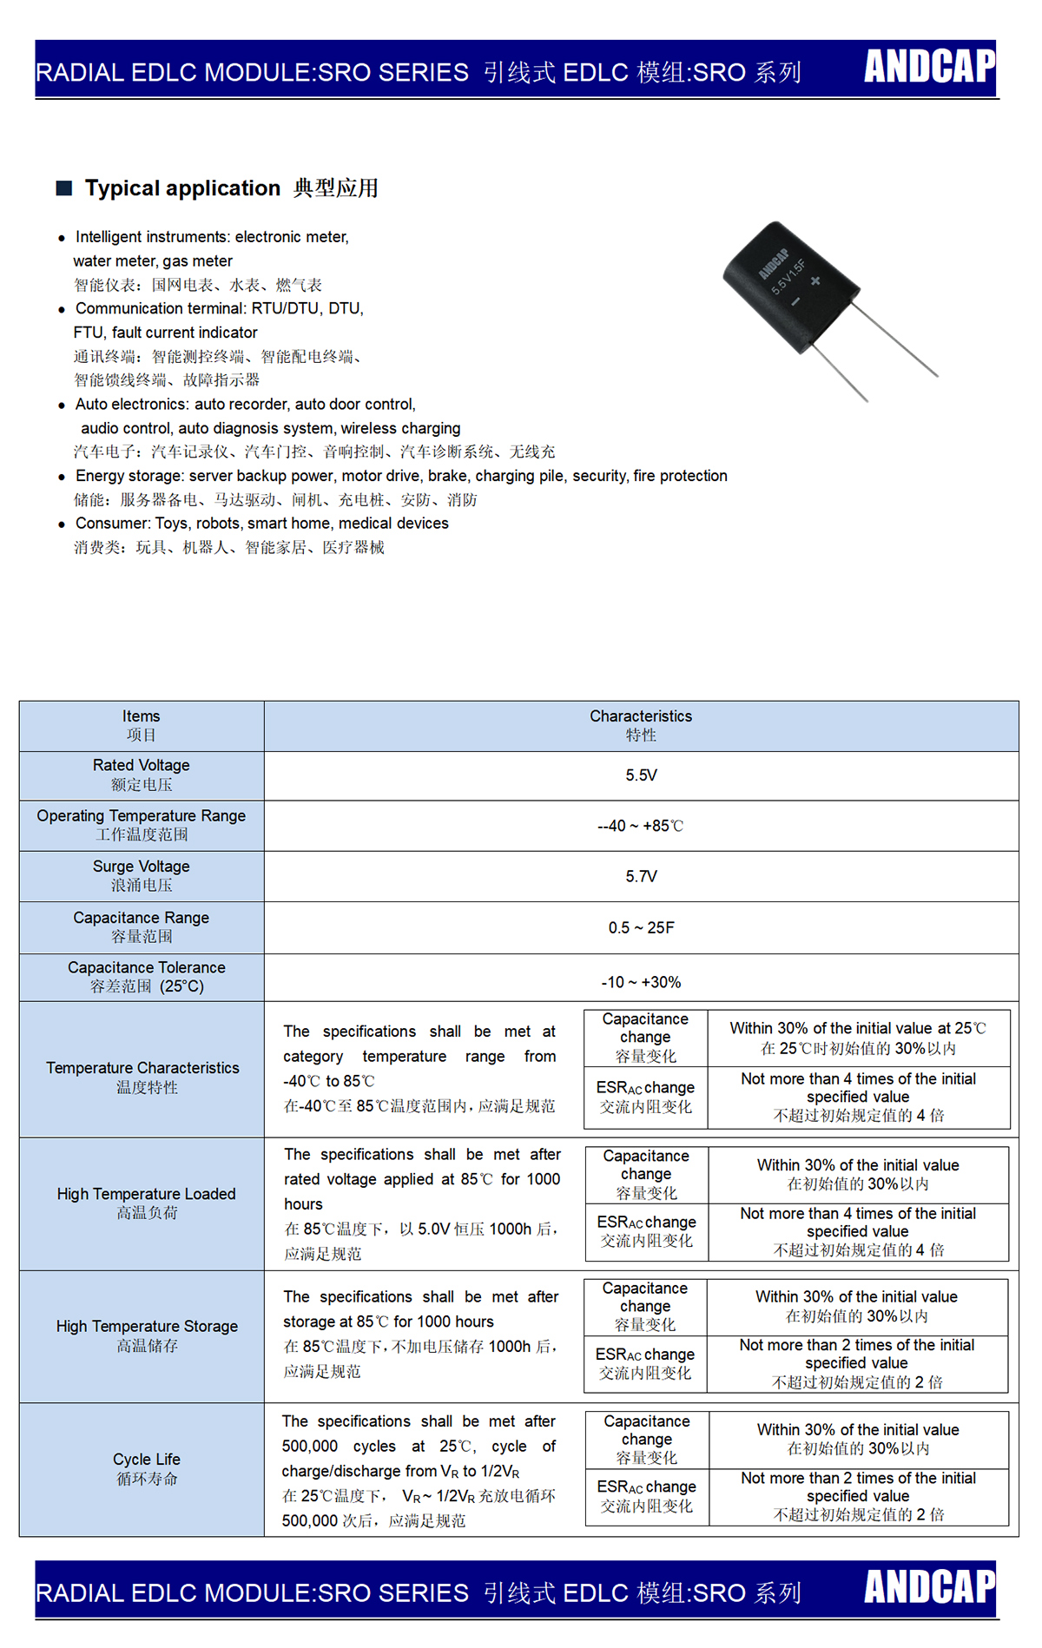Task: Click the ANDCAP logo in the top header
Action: (x=929, y=66)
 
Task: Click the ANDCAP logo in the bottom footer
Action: (x=929, y=1587)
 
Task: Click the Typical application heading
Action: (x=182, y=188)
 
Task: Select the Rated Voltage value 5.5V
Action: (x=641, y=775)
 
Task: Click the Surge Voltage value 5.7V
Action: (x=641, y=876)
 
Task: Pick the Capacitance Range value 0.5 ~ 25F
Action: (x=641, y=927)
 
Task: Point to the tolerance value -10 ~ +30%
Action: (x=641, y=982)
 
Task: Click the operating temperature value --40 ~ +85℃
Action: (x=641, y=826)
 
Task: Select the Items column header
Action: (x=142, y=725)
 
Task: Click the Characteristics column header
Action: (x=641, y=725)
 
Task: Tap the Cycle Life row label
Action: (x=147, y=1468)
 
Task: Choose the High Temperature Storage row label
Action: (x=147, y=1335)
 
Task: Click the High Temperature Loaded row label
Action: (x=147, y=1203)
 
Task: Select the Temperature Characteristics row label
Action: (x=142, y=1077)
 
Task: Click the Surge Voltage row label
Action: (x=142, y=875)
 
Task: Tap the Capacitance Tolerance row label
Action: (x=147, y=976)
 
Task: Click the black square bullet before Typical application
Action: (x=63, y=188)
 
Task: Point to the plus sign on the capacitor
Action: (x=815, y=280)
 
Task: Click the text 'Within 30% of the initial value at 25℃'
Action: (x=858, y=1029)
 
